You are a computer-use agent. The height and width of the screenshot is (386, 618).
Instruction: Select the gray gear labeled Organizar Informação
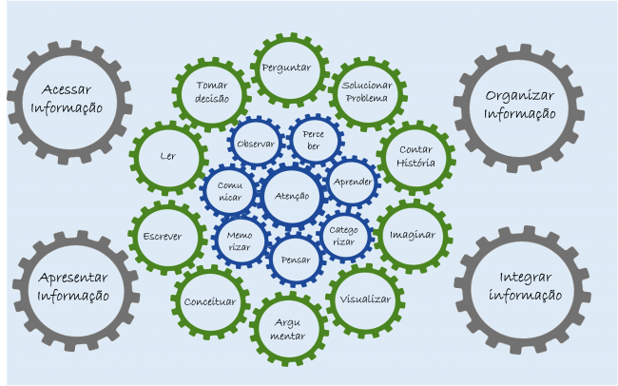tap(520, 104)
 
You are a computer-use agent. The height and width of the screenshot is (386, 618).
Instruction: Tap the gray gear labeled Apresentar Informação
tap(73, 286)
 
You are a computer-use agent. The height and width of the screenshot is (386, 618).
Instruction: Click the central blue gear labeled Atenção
tap(292, 196)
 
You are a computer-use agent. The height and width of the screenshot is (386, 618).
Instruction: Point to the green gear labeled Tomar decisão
tap(212, 91)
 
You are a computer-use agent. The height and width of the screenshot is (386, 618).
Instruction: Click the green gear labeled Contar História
tap(415, 156)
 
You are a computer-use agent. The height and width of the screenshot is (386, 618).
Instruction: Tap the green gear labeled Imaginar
tap(413, 235)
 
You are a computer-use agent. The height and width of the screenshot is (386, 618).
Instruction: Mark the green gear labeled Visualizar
tap(365, 299)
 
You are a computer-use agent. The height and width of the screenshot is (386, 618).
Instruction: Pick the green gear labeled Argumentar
tap(288, 329)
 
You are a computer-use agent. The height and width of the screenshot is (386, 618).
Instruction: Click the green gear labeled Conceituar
tap(210, 301)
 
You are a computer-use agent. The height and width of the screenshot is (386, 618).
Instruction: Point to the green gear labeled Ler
tap(168, 156)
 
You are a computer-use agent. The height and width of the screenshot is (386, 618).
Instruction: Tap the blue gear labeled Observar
tap(255, 145)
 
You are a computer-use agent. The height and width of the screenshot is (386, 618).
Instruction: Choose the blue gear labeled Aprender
tap(353, 182)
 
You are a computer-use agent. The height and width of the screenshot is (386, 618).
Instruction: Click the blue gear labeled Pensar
tap(297, 257)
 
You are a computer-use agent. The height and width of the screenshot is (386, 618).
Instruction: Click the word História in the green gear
tap(415, 163)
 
